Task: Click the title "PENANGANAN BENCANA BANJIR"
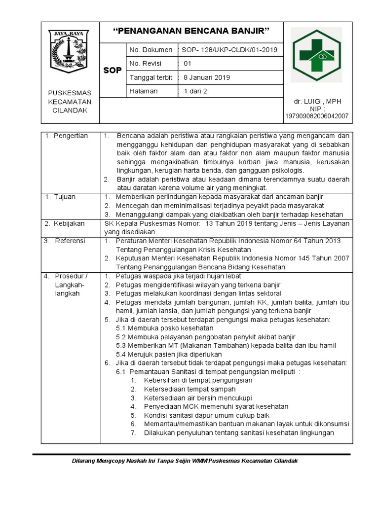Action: (191, 32)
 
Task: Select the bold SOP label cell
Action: (113, 71)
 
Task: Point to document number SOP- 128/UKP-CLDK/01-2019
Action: (230, 50)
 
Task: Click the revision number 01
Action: (188, 64)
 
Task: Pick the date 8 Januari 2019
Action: (207, 77)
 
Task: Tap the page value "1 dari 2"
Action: (195, 91)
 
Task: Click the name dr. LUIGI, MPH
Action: (317, 102)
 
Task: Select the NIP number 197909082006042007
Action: (317, 116)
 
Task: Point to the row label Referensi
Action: (70, 241)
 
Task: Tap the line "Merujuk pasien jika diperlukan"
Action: (169, 354)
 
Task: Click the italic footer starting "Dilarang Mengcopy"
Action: (185, 461)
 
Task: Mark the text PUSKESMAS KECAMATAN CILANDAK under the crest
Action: (70, 102)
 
